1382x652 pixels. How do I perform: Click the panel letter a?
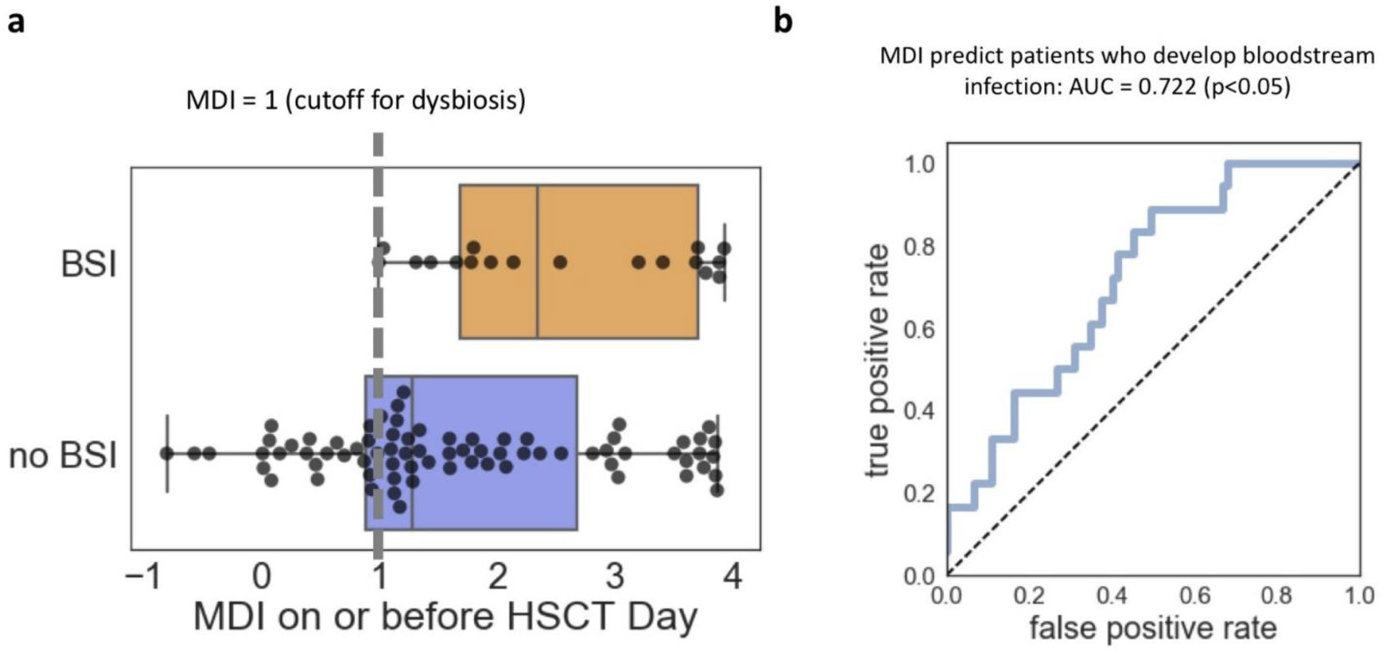point(15,21)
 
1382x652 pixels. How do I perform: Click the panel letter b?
point(783,19)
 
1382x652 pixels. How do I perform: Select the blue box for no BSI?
point(493,502)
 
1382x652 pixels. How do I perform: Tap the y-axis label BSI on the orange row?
point(89,264)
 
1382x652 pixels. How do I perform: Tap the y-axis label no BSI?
point(63,456)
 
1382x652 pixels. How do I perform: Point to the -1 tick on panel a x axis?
point(143,577)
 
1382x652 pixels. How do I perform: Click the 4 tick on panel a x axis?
point(732,577)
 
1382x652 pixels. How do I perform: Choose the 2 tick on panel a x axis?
point(497,577)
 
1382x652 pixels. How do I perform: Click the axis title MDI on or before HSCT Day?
point(445,617)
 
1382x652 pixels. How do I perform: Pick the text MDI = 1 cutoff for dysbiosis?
point(355,100)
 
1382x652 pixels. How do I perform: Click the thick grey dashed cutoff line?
point(378,334)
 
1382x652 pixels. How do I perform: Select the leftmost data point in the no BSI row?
point(167,454)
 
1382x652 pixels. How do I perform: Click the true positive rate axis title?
point(878,361)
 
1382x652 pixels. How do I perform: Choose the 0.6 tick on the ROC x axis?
point(1194,594)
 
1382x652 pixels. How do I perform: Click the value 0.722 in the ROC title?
point(1168,86)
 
